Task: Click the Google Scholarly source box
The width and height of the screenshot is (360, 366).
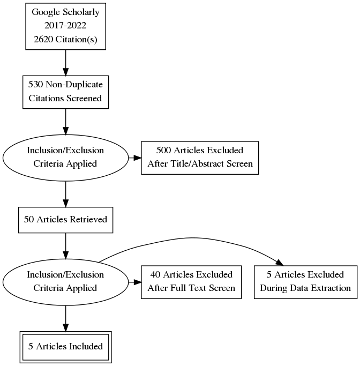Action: (x=65, y=26)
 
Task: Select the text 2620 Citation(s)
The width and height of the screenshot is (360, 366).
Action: (x=65, y=40)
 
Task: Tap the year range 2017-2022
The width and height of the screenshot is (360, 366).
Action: (x=65, y=26)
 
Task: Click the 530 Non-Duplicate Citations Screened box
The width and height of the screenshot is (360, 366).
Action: (x=65, y=92)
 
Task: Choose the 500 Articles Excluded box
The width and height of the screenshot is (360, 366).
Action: (x=200, y=158)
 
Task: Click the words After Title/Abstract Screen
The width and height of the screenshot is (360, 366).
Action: (x=200, y=164)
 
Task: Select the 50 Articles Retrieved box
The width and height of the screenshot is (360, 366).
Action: (x=65, y=219)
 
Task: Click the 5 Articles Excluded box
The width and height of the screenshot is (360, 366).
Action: (x=305, y=281)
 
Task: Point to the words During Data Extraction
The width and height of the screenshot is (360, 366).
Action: (x=305, y=288)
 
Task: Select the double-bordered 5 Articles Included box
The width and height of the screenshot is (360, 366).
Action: (x=65, y=346)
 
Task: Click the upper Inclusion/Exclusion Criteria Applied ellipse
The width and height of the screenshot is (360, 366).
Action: (x=65, y=158)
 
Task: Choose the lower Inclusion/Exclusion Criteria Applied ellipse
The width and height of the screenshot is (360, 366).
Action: (x=65, y=281)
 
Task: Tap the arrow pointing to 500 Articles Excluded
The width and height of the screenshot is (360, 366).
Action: (x=134, y=158)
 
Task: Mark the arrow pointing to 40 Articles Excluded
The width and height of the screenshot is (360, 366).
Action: (x=134, y=281)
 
